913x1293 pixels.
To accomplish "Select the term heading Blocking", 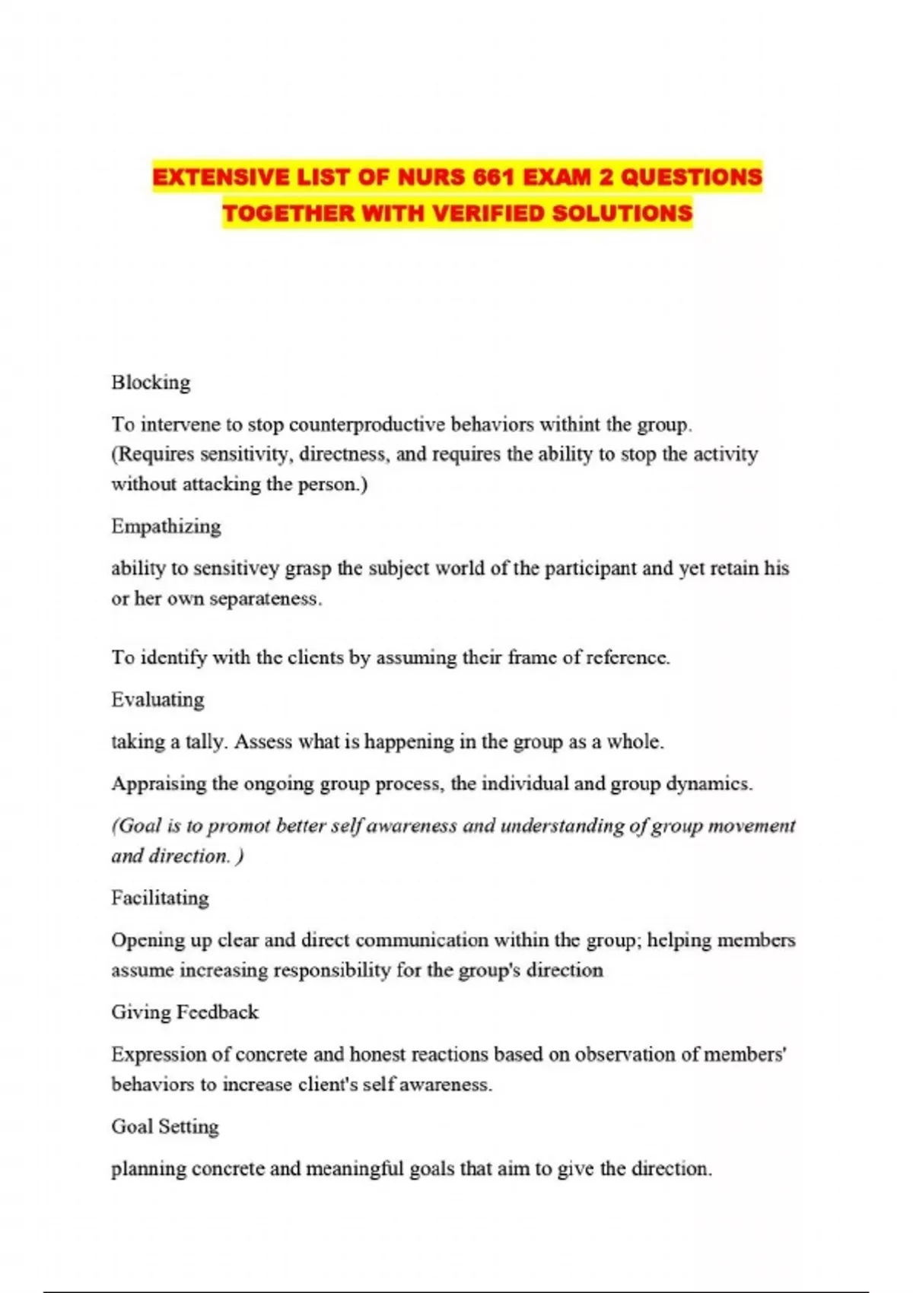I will click(x=151, y=382).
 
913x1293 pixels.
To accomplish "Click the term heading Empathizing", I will click(x=166, y=526).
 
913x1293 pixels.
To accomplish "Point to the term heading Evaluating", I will click(x=157, y=700).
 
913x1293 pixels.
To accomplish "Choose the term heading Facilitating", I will click(x=160, y=898).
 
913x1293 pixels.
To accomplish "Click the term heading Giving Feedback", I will click(x=185, y=1012).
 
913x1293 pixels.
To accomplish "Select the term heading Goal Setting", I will click(x=165, y=1126).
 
